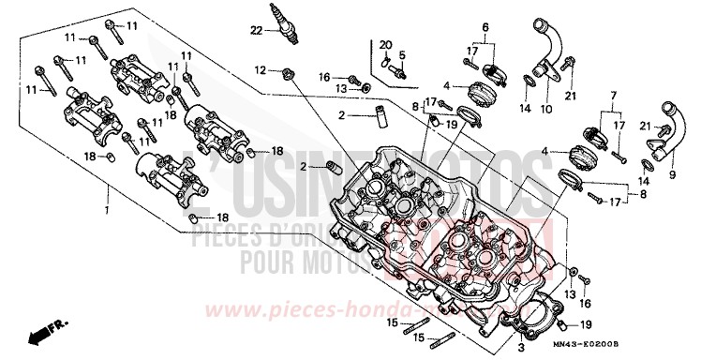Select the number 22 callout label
pyautogui.click(x=257, y=31)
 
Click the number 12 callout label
pyautogui.click(x=259, y=70)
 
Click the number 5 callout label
pyautogui.click(x=403, y=54)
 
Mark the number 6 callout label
pyautogui.click(x=485, y=28)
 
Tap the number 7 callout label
pyautogui.click(x=613, y=97)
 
